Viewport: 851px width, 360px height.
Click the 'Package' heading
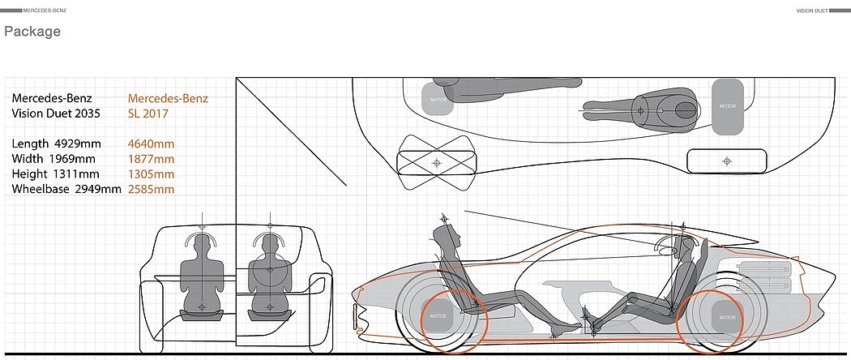tap(32, 32)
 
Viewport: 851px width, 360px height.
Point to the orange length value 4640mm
tap(151, 144)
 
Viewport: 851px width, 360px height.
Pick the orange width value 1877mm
tap(151, 159)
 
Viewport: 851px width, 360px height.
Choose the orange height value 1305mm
tap(151, 174)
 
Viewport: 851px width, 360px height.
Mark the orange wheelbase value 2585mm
tap(151, 189)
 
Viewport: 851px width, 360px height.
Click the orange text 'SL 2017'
tap(148, 114)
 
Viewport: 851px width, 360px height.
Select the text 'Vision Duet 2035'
tap(56, 114)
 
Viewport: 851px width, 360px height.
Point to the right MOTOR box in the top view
tap(728, 106)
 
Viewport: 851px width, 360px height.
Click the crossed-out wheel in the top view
tap(436, 161)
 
